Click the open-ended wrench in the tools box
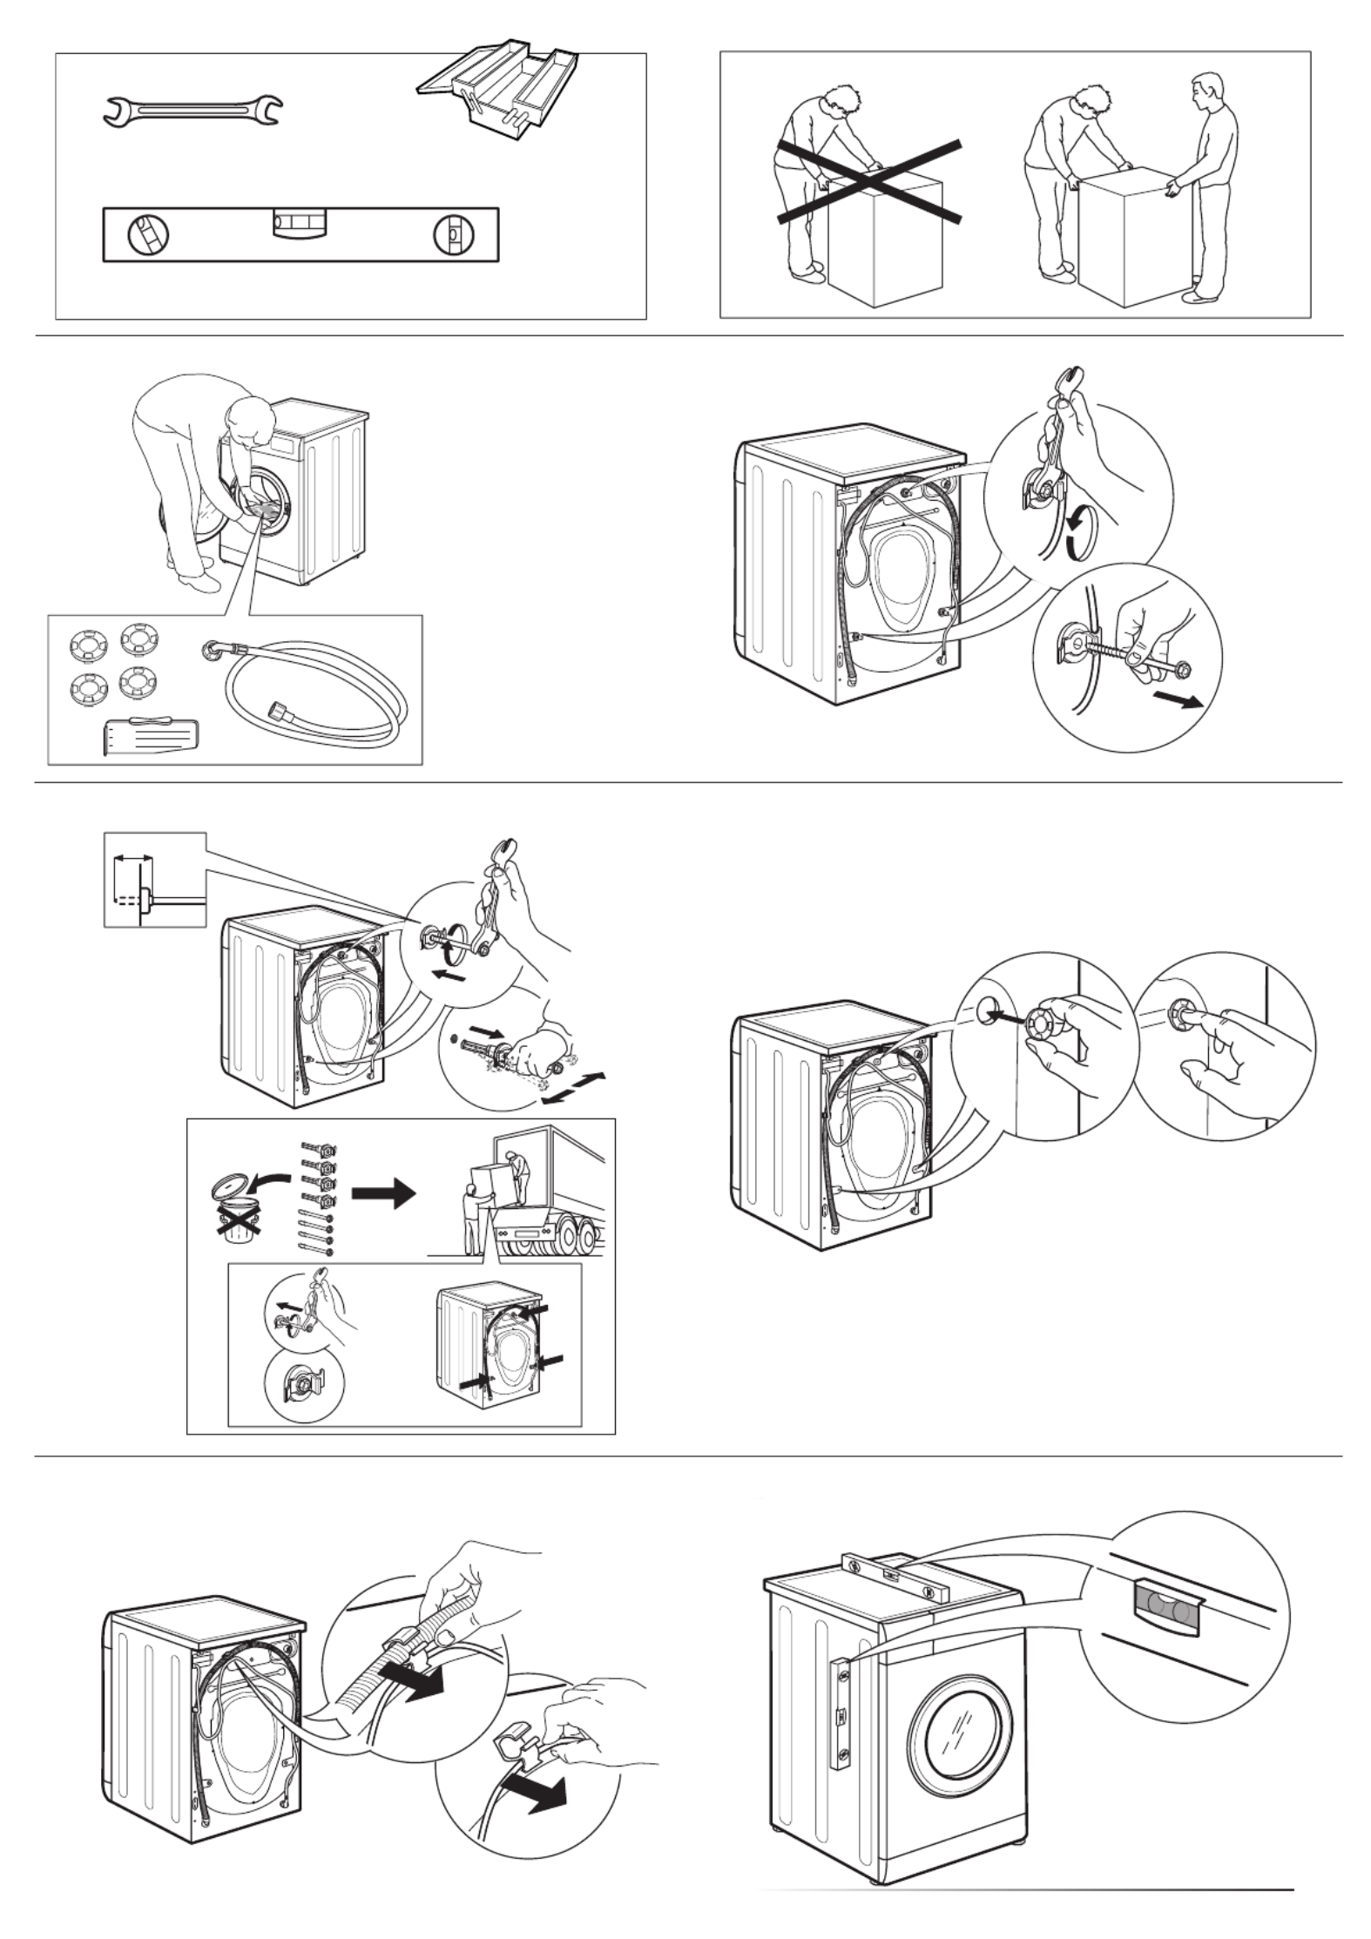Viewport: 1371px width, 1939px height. (192, 111)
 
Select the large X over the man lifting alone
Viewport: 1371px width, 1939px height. (869, 181)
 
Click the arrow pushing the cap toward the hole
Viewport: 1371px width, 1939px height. (1010, 1016)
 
